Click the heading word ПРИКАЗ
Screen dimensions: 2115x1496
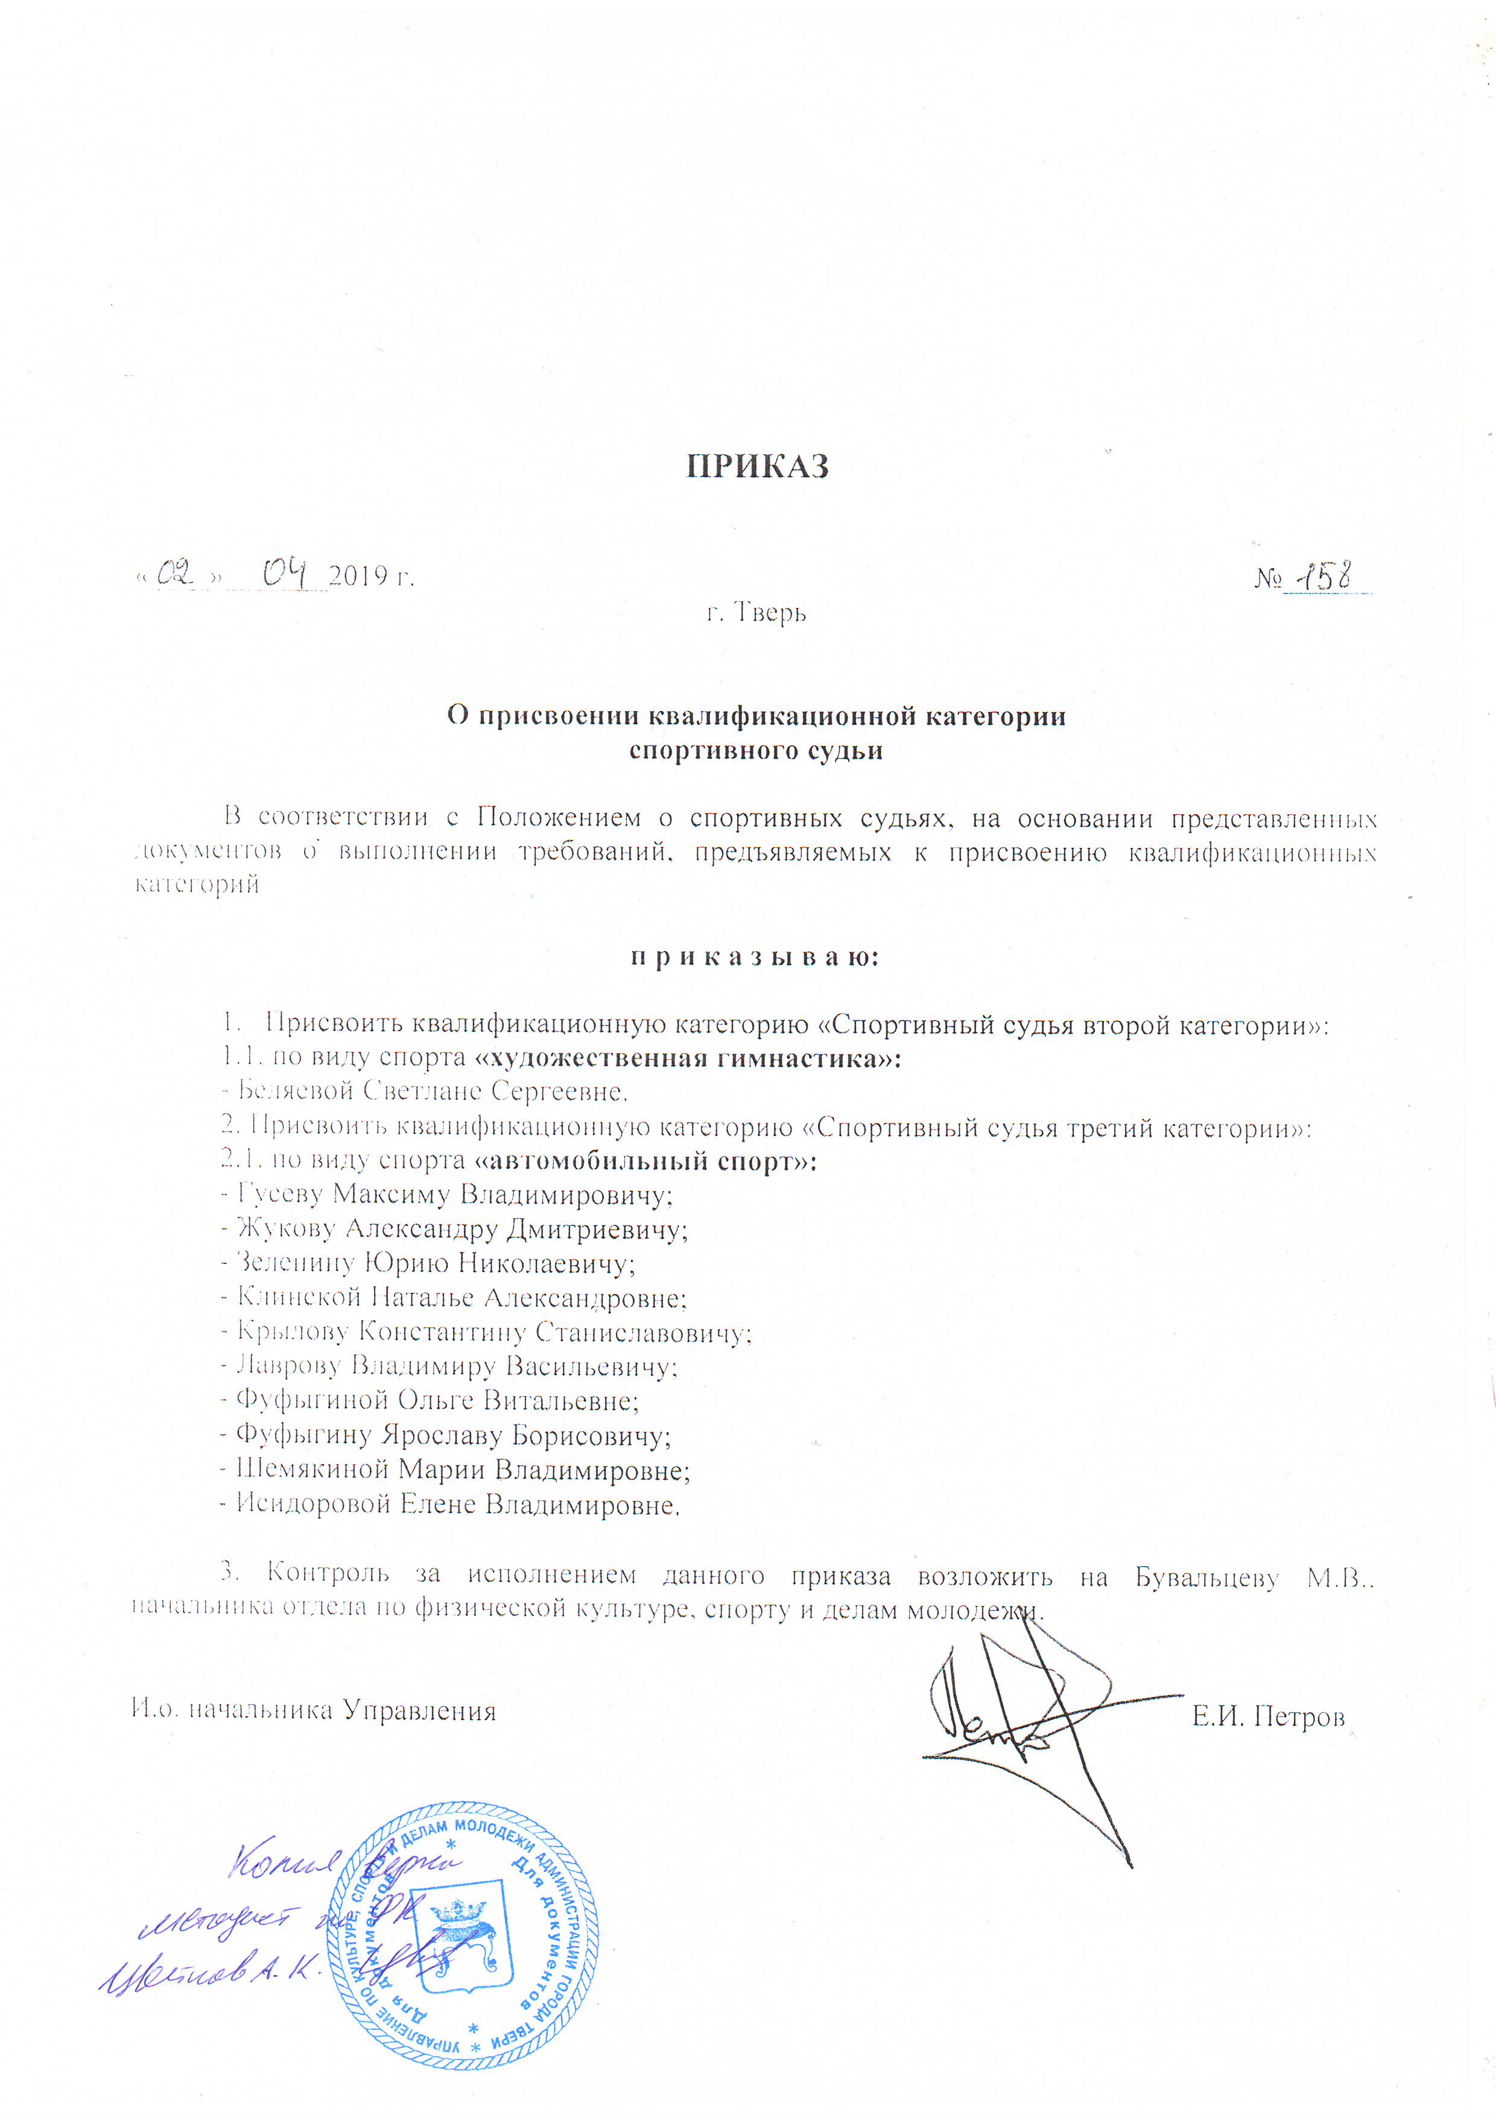coord(757,466)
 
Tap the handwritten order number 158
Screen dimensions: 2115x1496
coord(1323,576)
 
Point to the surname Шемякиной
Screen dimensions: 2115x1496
coord(313,1468)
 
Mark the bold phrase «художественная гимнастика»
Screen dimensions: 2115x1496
coord(687,1058)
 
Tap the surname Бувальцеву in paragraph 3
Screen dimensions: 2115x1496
coord(1206,1576)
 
